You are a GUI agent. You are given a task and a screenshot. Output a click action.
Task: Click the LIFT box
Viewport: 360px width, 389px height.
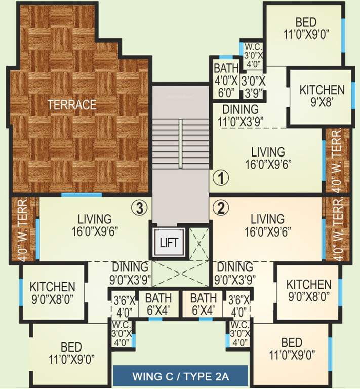[169, 242]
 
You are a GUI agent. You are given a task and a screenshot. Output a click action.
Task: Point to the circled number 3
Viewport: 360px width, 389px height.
[140, 207]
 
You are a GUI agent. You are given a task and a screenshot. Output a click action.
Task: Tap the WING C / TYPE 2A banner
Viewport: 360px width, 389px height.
[180, 376]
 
